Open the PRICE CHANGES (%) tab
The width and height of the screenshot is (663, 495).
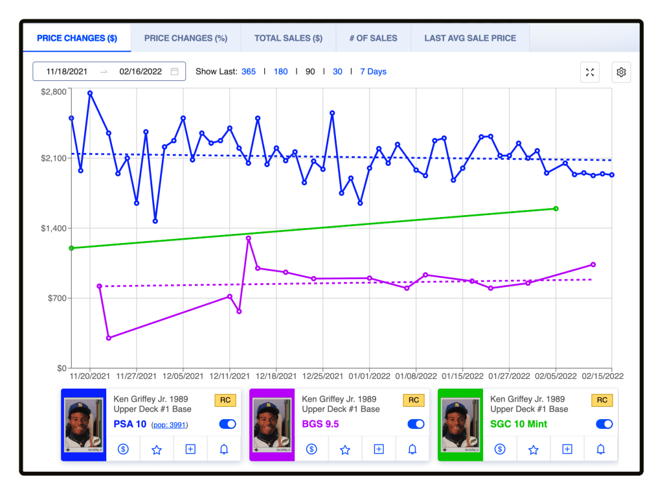click(186, 38)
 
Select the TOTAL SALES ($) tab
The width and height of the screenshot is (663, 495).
click(288, 38)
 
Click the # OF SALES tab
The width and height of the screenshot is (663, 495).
click(374, 38)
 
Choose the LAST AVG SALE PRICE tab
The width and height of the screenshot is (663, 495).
click(470, 38)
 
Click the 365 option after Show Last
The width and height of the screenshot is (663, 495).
click(249, 71)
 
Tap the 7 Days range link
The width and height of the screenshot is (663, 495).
click(374, 71)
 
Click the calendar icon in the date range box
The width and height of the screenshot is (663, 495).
click(174, 71)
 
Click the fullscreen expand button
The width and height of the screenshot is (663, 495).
click(590, 73)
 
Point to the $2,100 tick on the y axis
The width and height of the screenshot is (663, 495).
click(54, 158)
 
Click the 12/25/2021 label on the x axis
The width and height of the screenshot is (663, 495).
click(322, 376)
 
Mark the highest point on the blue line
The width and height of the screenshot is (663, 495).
click(90, 93)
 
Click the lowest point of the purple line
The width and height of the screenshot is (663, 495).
click(109, 338)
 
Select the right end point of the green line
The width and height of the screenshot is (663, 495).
click(556, 209)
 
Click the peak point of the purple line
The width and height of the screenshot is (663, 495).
click(248, 238)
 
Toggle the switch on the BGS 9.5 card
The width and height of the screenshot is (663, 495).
click(416, 424)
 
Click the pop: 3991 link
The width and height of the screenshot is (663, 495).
click(170, 425)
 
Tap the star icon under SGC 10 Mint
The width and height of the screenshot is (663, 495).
click(534, 450)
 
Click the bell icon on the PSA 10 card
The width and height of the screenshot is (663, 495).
click(224, 449)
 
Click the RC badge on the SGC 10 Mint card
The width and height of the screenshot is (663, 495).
click(602, 400)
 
